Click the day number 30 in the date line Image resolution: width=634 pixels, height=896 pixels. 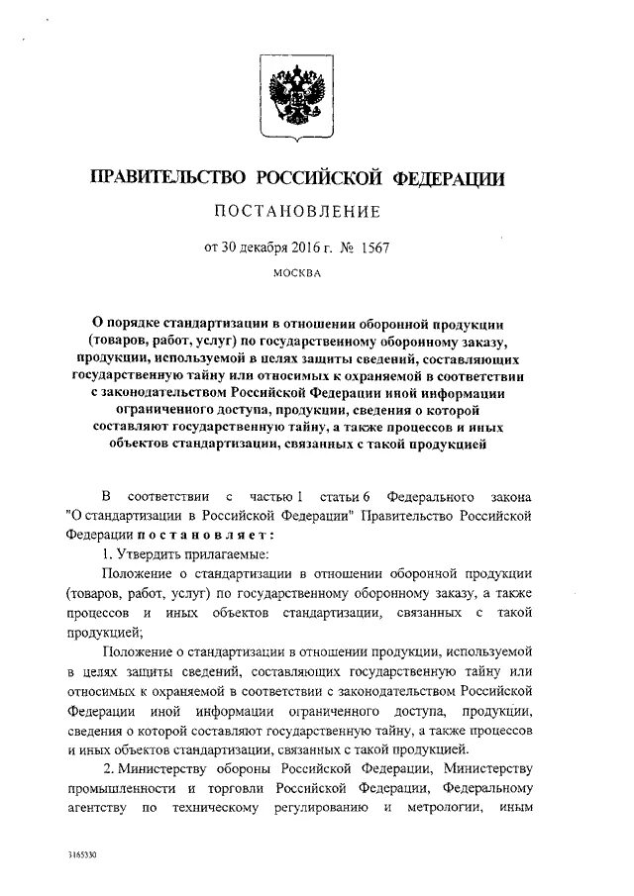pos(233,246)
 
